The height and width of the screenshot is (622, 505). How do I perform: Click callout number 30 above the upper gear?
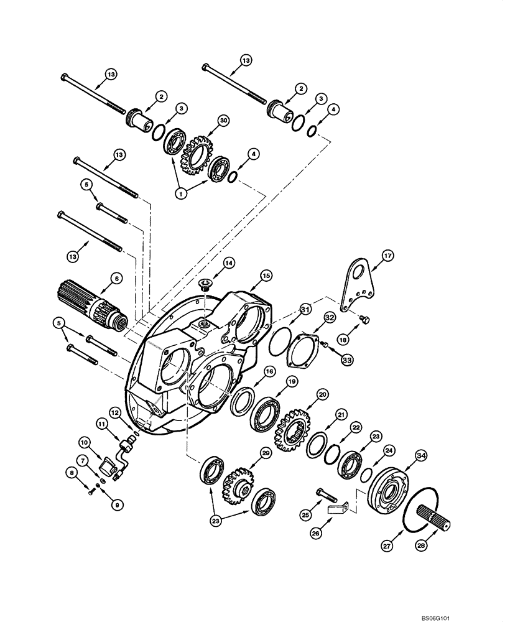tap(223, 121)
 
